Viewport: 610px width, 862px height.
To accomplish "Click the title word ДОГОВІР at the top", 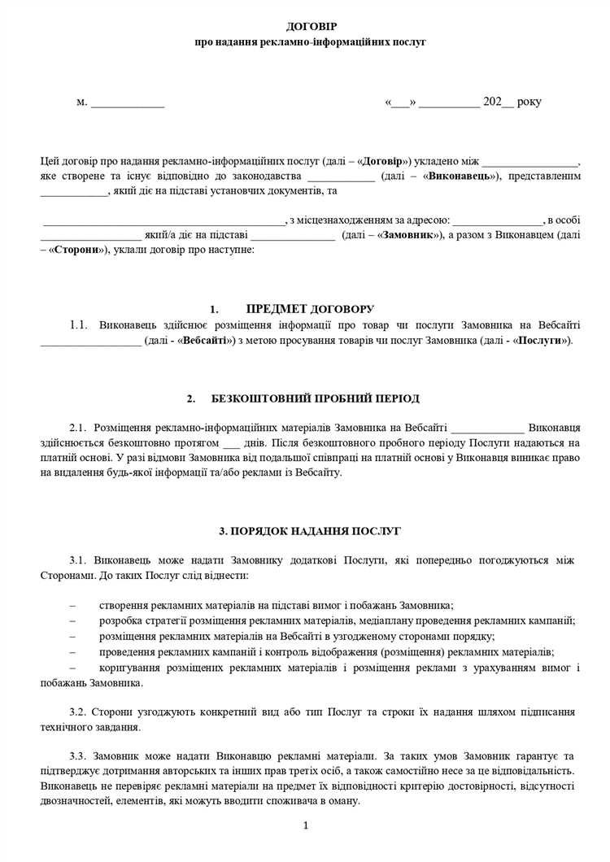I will pos(305,27).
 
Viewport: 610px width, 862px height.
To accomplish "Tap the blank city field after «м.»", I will pos(127,102).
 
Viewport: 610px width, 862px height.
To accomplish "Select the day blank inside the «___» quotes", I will pos(401,102).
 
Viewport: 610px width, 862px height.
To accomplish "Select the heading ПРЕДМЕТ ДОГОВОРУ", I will pos(310,309).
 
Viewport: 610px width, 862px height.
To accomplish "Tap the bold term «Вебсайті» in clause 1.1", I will pos(206,340).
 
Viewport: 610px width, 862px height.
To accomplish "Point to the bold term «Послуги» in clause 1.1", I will pos(541,340).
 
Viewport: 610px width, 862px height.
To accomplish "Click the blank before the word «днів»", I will pos(231,442).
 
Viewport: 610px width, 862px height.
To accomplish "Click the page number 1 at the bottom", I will pos(306,826).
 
